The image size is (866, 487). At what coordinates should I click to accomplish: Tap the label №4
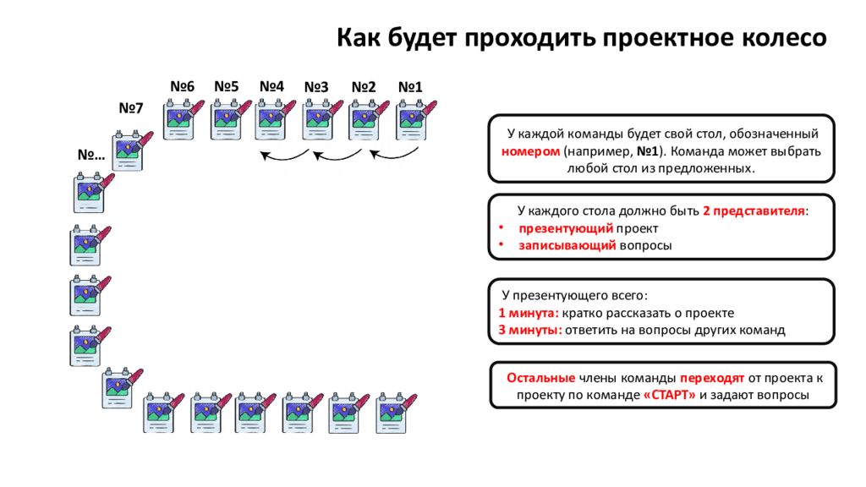click(271, 87)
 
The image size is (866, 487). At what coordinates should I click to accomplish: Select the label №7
click(131, 108)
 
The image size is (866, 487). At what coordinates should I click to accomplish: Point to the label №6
click(182, 87)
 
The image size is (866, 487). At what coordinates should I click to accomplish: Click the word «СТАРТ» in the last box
click(669, 395)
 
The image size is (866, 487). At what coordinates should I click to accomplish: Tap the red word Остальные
click(540, 377)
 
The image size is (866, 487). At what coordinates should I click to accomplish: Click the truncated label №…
click(90, 156)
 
